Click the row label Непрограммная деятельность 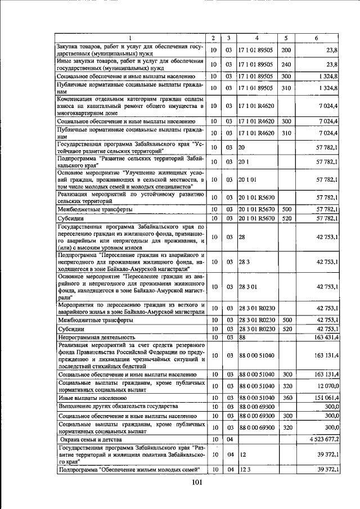pos(93,337)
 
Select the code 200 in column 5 pos(286,50)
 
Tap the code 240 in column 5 pos(286,64)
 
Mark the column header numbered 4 pos(256,38)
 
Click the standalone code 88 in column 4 pos(242,337)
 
